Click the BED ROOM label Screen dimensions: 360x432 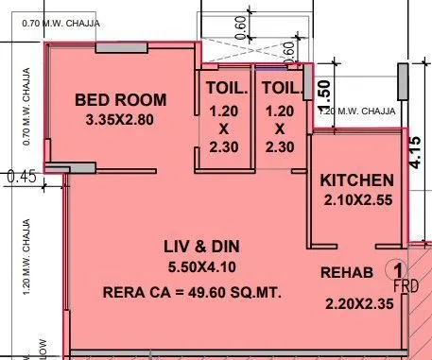(120, 99)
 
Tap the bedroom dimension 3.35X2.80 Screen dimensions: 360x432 (120, 120)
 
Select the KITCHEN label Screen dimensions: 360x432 (356, 180)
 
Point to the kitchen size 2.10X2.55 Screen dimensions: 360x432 (357, 199)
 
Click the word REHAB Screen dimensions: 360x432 (346, 273)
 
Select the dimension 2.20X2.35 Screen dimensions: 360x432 (357, 304)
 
